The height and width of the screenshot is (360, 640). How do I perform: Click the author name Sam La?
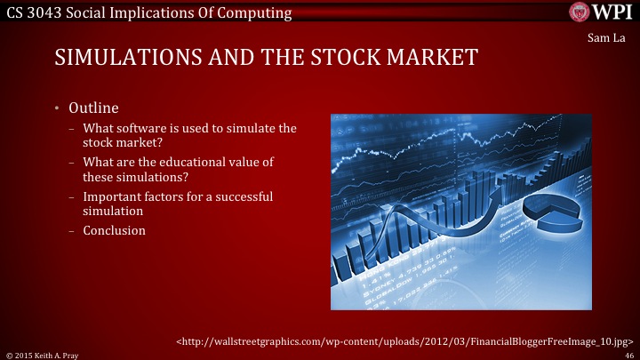[x=610, y=38]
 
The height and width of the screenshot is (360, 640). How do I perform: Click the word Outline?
[x=93, y=108]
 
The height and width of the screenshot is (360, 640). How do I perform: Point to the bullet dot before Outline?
[x=56, y=108]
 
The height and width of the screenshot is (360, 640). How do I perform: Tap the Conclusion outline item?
[x=114, y=230]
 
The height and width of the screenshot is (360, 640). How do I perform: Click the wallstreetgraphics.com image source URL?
[x=405, y=340]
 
